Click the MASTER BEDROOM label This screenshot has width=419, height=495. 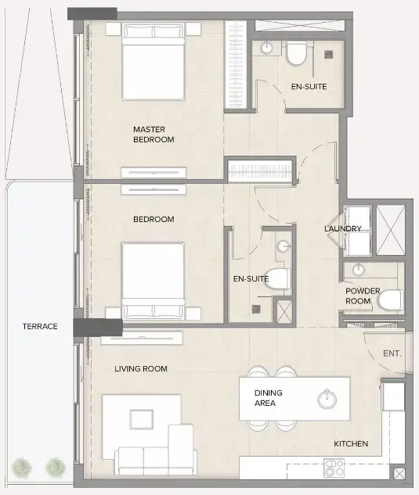[153, 135]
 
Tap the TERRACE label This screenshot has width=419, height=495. [40, 326]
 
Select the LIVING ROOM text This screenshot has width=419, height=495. [141, 369]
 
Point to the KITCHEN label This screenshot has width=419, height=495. [351, 444]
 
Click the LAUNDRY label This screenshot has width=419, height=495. [343, 228]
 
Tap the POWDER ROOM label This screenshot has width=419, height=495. [363, 296]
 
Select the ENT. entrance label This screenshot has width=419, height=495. [392, 353]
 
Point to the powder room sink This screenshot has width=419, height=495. [359, 271]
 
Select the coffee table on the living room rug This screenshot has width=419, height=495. [142, 416]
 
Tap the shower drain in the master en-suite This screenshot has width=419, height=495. [328, 53]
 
